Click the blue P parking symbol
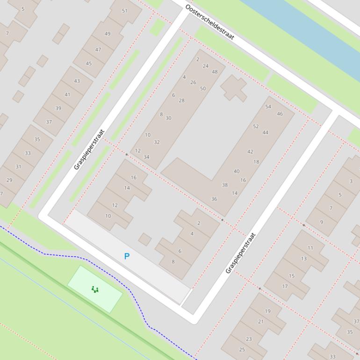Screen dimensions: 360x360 click(x=127, y=256)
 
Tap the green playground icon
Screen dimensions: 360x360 click(x=95, y=290)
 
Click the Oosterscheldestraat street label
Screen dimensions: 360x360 click(x=209, y=22)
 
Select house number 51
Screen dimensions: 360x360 click(x=124, y=11)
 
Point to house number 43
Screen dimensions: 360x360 click(x=77, y=81)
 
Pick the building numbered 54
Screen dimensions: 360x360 click(x=268, y=107)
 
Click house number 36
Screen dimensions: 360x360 click(x=214, y=199)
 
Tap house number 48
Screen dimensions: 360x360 click(x=215, y=72)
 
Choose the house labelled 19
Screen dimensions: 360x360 click(x=267, y=311)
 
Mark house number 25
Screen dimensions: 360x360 click(x=242, y=350)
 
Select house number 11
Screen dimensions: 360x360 click(x=310, y=248)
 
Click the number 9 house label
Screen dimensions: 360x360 click(x=322, y=222)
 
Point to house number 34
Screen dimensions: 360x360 click(x=146, y=157)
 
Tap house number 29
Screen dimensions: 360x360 click(x=9, y=180)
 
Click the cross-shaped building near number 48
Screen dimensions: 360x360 click(x=233, y=87)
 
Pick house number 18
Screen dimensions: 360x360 click(x=256, y=162)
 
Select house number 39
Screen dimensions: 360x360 click(x=58, y=108)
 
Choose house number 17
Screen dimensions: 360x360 click(x=285, y=286)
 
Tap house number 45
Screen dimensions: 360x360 click(x=89, y=64)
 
